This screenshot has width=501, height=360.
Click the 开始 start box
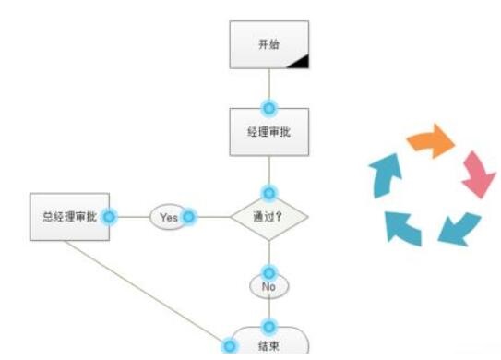268,44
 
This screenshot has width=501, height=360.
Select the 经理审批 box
268,132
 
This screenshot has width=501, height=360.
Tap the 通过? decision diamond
268,218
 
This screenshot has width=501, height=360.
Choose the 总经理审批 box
69,218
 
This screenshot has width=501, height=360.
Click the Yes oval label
169,217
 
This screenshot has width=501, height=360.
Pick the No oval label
268,286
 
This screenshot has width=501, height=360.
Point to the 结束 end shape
269,344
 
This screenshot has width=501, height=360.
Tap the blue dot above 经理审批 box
268,108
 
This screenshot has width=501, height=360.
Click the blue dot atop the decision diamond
268,193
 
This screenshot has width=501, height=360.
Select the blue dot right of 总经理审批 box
109,217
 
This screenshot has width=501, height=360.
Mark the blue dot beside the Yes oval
189,217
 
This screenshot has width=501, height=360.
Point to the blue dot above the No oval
268,273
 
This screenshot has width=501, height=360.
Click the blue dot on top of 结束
269,327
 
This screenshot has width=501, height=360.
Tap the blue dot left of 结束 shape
230,344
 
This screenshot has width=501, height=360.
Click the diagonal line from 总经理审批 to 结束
166,293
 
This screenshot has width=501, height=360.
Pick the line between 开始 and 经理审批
268,88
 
